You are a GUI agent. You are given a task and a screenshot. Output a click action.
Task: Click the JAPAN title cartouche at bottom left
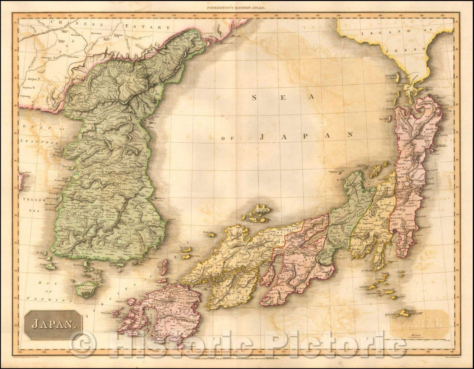[53, 325]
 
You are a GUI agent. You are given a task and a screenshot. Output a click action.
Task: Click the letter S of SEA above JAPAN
[254, 98]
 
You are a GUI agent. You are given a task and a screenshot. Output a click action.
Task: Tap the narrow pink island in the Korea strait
[164, 267]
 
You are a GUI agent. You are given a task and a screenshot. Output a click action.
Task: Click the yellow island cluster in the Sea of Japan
[258, 213]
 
